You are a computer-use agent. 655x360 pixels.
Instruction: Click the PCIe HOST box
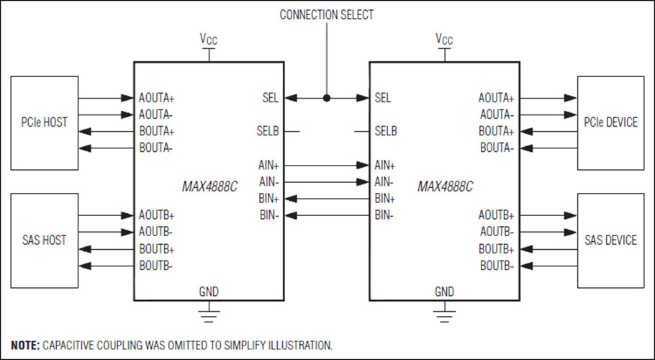[45, 123]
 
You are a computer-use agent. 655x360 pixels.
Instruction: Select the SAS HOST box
[45, 240]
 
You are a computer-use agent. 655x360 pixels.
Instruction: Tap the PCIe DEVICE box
[610, 123]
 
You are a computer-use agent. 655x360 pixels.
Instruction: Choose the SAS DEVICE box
[610, 240]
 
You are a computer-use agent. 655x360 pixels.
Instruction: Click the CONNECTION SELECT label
[327, 15]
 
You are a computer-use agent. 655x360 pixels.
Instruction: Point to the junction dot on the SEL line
[327, 98]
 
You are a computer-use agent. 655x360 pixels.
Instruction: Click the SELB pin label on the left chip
[268, 131]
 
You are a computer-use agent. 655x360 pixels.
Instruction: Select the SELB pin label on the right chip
[386, 131]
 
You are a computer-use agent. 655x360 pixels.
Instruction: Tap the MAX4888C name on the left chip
[209, 186]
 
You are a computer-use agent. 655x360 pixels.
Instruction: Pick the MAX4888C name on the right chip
[445, 186]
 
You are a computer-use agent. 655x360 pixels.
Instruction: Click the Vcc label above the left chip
[209, 40]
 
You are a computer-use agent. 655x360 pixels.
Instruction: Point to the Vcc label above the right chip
[444, 40]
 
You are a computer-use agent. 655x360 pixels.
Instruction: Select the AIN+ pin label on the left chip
[268, 166]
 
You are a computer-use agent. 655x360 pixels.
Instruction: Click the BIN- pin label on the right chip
[384, 215]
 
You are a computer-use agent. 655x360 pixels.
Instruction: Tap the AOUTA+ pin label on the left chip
[157, 98]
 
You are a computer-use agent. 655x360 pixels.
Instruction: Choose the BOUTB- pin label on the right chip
[497, 266]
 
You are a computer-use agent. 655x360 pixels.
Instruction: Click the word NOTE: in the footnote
[25, 346]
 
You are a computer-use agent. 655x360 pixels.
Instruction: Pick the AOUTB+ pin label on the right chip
[496, 215]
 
